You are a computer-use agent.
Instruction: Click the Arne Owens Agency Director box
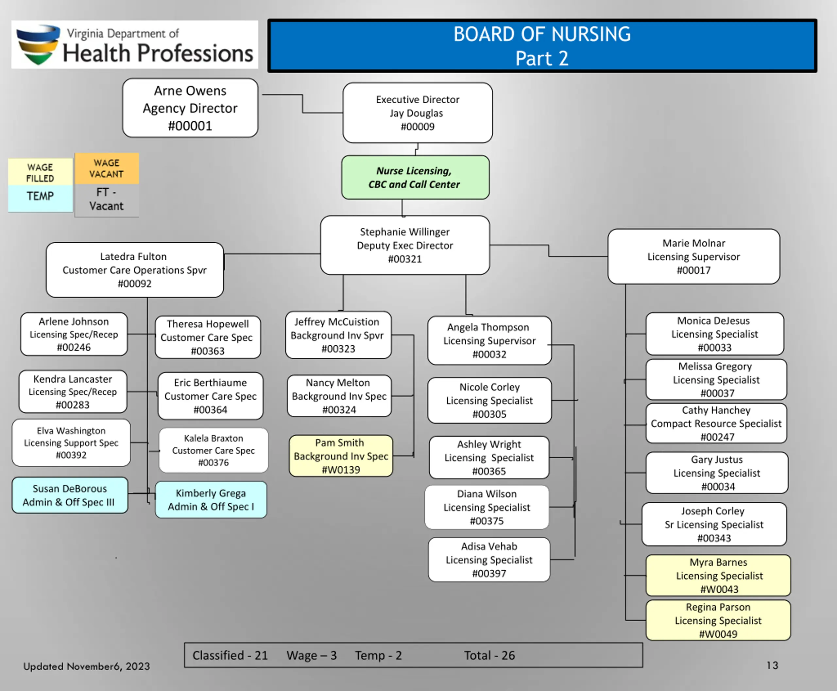click(x=190, y=108)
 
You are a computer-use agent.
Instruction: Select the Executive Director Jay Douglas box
click(x=418, y=112)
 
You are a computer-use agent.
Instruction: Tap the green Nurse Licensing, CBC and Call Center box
click(x=415, y=178)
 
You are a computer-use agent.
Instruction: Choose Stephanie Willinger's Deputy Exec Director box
click(x=405, y=245)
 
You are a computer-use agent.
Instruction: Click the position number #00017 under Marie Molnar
click(x=694, y=270)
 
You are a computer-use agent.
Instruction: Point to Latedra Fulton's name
click(x=133, y=256)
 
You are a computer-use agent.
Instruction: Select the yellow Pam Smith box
click(x=341, y=456)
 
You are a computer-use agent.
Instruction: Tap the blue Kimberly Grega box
click(x=211, y=500)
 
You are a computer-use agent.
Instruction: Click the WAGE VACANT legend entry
click(x=106, y=168)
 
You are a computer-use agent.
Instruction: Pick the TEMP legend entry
click(x=40, y=196)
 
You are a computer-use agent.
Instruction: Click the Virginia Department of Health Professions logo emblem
click(x=38, y=44)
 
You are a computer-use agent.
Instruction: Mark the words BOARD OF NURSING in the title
click(x=542, y=34)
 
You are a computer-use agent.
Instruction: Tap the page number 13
click(x=772, y=665)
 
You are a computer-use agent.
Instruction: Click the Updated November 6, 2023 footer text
click(x=86, y=666)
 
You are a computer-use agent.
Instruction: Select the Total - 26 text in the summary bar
click(x=489, y=655)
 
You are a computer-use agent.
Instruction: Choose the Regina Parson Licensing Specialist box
click(x=718, y=620)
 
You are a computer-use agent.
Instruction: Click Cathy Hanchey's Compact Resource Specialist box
click(x=716, y=423)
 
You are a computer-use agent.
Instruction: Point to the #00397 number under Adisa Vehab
click(x=489, y=573)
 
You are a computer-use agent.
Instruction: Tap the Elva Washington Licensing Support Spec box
click(x=71, y=442)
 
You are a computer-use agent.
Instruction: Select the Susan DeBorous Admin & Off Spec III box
click(x=70, y=495)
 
